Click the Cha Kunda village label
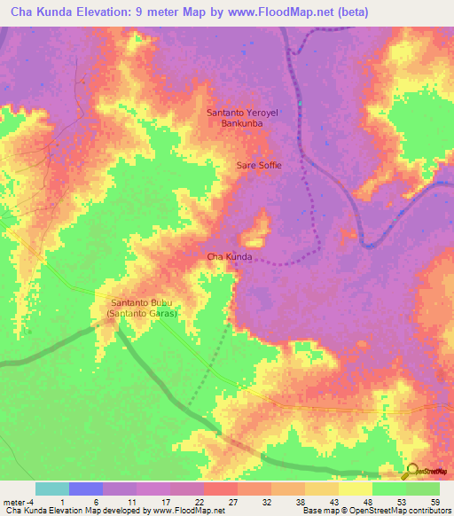[x=230, y=257]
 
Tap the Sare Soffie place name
[x=257, y=165]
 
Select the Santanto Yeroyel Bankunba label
[x=242, y=119]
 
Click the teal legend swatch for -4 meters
[x=52, y=489]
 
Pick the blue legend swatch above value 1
[x=86, y=489]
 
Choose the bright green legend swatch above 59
[x=423, y=489]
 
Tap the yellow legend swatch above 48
[x=356, y=489]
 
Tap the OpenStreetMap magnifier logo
[x=412, y=470]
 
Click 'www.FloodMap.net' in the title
[x=270, y=13]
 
